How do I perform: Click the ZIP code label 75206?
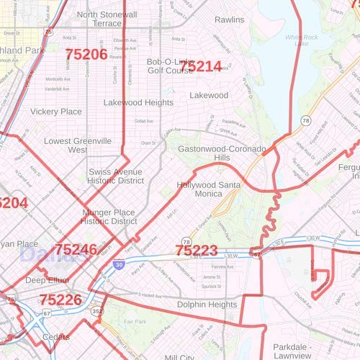coord(86,54)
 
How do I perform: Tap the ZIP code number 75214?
coord(201,66)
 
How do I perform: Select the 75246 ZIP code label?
coord(76,250)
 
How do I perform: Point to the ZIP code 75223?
coord(197,251)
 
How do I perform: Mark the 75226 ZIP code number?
coord(60,300)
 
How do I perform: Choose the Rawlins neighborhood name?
coord(229,20)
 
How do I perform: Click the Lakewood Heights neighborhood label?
coord(138,103)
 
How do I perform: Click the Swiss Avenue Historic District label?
coord(115,177)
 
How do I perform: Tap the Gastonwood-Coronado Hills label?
coord(222,153)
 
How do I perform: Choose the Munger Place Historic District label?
coord(109,217)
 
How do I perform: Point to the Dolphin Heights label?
coord(207,305)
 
